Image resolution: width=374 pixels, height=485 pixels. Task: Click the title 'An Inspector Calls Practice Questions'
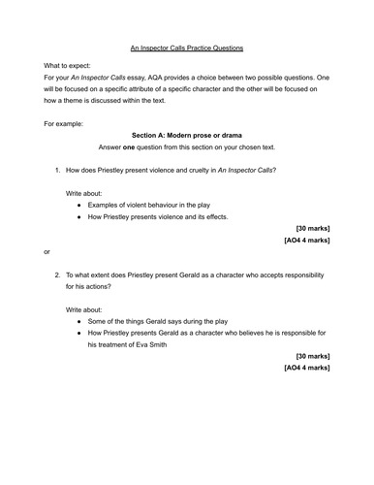point(187,48)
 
